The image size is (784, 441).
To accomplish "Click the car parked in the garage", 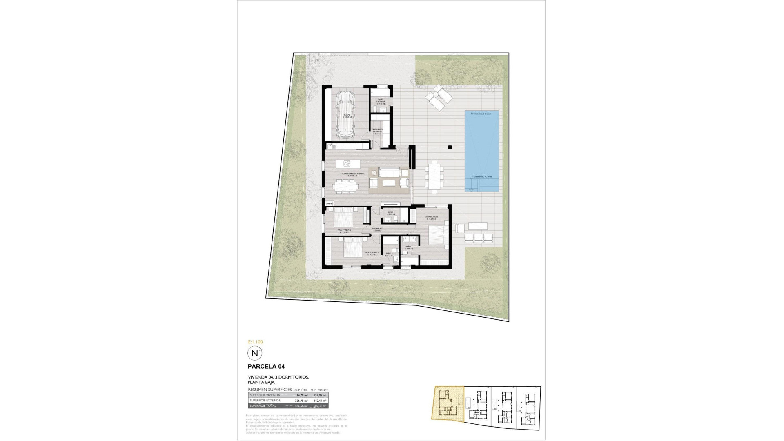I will coord(345,115).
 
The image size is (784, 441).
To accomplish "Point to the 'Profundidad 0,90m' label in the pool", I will coord(481,176).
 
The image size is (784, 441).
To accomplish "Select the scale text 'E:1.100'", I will coord(255,342).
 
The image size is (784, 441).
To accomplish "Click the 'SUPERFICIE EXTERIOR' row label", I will coord(265,401).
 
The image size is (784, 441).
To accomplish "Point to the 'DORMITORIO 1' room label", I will coord(431,217).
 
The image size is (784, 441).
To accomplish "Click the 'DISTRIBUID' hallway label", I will coord(377,229).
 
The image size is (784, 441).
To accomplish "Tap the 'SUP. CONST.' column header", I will coord(320,390).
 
